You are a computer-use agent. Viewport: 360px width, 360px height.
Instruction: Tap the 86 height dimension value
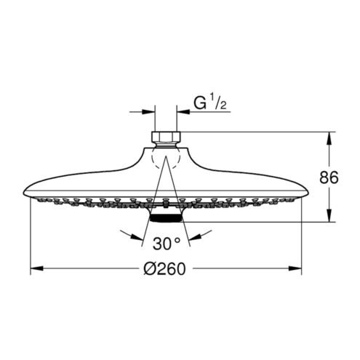[x=329, y=177]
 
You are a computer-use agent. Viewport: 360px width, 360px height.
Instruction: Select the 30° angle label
[x=167, y=244]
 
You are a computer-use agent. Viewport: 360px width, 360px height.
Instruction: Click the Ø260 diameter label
[x=165, y=268]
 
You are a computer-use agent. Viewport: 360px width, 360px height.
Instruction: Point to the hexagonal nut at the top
[x=167, y=137]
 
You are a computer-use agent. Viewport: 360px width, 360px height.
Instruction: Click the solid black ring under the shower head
[x=166, y=218]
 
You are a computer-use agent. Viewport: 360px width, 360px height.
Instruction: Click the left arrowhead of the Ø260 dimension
[x=37, y=268]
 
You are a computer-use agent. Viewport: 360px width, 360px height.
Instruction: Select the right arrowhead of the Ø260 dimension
[x=295, y=268]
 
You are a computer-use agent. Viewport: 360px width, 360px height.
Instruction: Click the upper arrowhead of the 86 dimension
[x=329, y=139]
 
